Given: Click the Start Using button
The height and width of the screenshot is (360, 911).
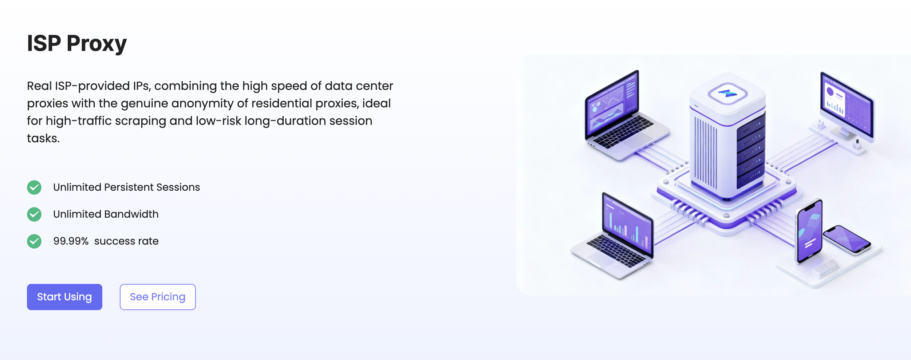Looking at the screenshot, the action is (x=64, y=297).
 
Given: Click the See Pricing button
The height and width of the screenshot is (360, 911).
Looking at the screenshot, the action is (x=158, y=297).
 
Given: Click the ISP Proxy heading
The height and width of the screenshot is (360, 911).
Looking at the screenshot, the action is (x=77, y=44).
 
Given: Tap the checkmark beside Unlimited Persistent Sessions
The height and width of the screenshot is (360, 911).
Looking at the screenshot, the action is (x=34, y=187).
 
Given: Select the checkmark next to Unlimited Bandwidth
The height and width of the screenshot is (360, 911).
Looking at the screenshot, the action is (x=34, y=214).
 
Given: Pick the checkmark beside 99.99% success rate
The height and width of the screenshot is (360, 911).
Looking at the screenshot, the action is (x=34, y=241).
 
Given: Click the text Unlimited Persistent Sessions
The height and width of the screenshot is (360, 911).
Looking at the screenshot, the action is (x=127, y=187).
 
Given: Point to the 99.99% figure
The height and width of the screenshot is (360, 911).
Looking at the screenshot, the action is (x=71, y=241).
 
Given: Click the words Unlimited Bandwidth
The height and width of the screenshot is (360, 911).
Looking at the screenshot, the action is (x=106, y=214).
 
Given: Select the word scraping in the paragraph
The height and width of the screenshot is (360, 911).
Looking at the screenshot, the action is (x=141, y=121).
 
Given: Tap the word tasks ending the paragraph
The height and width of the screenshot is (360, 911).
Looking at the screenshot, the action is (x=43, y=138).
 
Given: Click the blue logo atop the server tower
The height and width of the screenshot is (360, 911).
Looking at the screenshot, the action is (x=727, y=94).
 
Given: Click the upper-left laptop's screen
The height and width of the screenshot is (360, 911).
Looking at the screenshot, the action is (x=612, y=104).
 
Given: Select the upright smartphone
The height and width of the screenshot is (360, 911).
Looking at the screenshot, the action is (x=809, y=231).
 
